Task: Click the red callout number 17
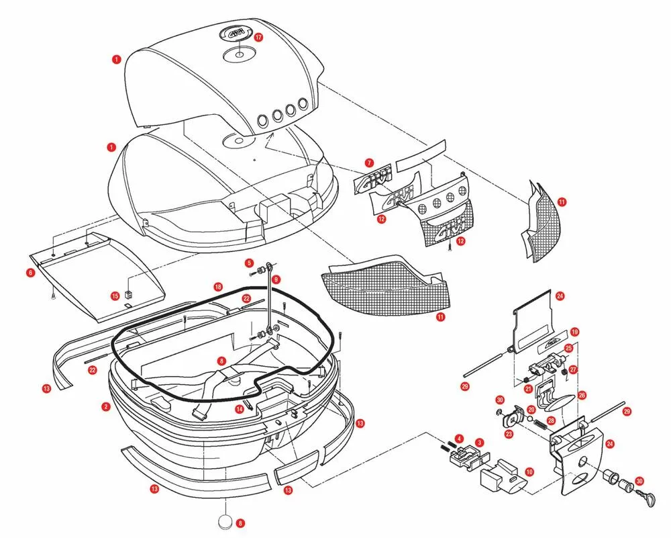point(259,38)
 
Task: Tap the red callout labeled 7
point(368,163)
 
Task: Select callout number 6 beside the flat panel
point(30,273)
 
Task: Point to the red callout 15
point(115,295)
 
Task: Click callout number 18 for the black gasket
point(218,287)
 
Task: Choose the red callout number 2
point(106,406)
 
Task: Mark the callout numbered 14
point(239,408)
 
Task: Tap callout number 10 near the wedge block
point(529,472)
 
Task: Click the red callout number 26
point(582,395)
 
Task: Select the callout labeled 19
point(574,332)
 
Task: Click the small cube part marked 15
point(132,293)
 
